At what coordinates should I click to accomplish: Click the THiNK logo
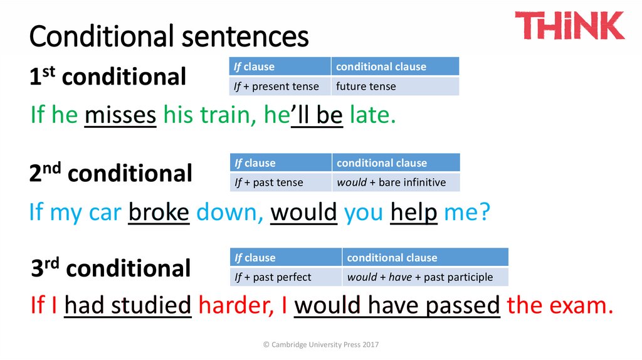point(569,25)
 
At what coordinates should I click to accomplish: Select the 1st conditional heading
point(107,77)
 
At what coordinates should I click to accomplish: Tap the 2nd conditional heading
point(110,173)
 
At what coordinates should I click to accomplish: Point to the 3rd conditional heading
point(110,268)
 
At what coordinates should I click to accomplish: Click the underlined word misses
point(120,115)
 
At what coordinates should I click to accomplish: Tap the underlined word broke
point(159,213)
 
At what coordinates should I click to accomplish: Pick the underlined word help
point(413,213)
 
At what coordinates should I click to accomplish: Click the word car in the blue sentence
point(104,213)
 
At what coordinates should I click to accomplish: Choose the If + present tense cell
point(280,87)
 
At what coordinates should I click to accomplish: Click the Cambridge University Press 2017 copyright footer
point(321,345)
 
